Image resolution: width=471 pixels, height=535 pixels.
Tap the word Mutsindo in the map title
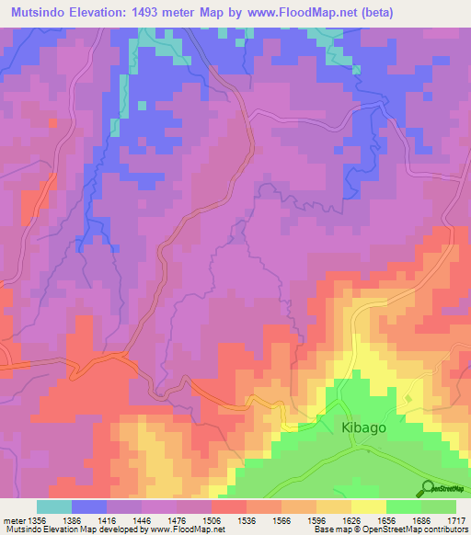click(x=37, y=12)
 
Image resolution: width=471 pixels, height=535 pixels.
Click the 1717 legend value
click(x=457, y=520)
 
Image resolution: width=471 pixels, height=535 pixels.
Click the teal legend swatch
click(x=53, y=507)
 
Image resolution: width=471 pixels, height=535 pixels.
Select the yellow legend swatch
click(x=368, y=507)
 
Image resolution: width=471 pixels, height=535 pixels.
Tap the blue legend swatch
click(x=88, y=507)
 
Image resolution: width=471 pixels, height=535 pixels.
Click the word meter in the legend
click(x=14, y=520)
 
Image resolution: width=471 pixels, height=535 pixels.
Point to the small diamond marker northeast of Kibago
click(x=408, y=398)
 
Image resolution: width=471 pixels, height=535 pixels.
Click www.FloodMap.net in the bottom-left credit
click(x=188, y=530)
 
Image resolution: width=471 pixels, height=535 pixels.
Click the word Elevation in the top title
click(x=101, y=12)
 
